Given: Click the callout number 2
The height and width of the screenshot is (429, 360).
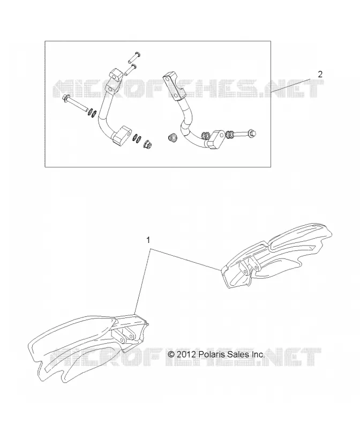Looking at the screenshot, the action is (320, 74).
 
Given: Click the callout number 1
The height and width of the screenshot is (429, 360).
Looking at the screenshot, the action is (148, 240).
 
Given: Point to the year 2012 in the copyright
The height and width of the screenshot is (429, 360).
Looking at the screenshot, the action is (186, 354).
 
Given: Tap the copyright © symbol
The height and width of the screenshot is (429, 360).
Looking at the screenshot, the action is (171, 354).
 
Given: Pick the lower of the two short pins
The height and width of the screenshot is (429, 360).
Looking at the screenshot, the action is (131, 70).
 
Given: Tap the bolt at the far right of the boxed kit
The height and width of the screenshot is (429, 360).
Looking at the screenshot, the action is (245, 134).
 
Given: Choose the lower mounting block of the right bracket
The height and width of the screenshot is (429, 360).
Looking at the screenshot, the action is (217, 139).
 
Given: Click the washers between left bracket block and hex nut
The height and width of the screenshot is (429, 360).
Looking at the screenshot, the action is (137, 138).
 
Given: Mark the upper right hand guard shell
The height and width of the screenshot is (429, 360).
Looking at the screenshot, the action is (276, 256).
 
